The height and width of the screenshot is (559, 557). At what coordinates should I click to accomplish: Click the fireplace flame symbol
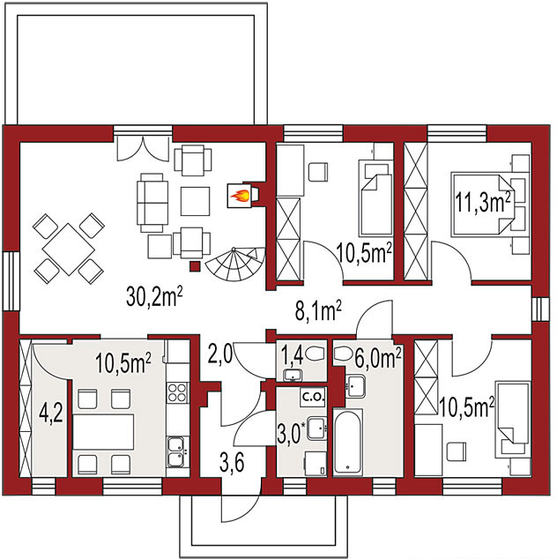240,196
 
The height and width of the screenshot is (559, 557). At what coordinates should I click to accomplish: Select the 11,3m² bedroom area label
483,202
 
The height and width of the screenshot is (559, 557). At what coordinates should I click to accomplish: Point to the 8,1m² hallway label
318,311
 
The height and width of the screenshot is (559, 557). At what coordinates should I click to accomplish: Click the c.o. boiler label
313,397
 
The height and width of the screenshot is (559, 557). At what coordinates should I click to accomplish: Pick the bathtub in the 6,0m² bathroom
348,442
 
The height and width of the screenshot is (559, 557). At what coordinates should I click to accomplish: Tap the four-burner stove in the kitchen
177,392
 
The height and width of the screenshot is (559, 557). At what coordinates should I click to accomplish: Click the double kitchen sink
177,451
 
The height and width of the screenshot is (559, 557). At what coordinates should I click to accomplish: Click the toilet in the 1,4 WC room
314,354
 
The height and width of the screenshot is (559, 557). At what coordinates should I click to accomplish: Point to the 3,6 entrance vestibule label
232,463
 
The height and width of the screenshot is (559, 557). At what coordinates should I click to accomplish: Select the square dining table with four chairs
69,249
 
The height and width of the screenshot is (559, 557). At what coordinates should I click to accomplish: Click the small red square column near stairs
195,266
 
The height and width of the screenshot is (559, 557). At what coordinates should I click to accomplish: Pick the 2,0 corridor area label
219,354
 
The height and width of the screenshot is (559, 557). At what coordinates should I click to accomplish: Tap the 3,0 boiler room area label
291,432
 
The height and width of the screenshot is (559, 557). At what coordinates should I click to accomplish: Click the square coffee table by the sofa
195,201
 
